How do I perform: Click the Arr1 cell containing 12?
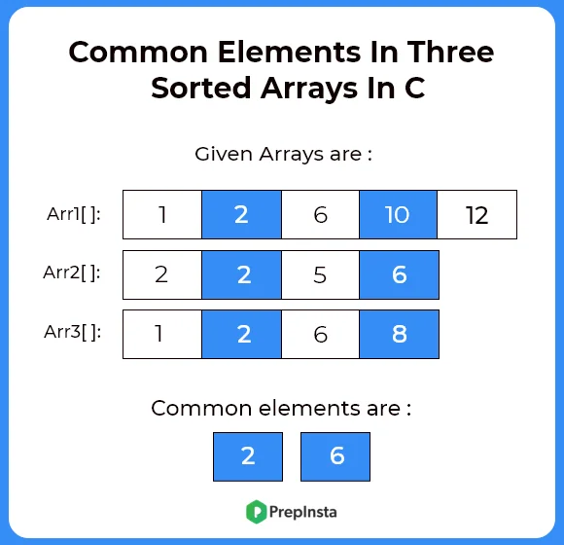pyautogui.click(x=476, y=214)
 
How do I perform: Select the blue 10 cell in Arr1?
pyautogui.click(x=398, y=214)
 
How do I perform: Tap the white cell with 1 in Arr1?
pyautogui.click(x=162, y=214)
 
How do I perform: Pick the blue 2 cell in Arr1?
pyautogui.click(x=241, y=214)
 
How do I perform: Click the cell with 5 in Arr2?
pyautogui.click(x=320, y=274)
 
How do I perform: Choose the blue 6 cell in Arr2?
pyautogui.click(x=399, y=274)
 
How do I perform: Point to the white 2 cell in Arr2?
pyautogui.click(x=162, y=274)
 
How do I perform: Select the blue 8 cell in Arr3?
pyautogui.click(x=399, y=334)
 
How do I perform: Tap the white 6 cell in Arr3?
pyautogui.click(x=320, y=334)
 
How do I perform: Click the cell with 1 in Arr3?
pyautogui.click(x=162, y=334)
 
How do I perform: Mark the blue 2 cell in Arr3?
pyautogui.click(x=241, y=334)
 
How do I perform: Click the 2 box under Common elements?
pyautogui.click(x=248, y=456)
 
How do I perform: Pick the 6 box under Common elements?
pyautogui.click(x=335, y=456)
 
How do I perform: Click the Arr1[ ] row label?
pyautogui.click(x=74, y=213)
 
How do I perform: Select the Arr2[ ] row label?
pyautogui.click(x=74, y=272)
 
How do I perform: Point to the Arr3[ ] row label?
pyautogui.click(x=74, y=332)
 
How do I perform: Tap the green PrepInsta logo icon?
pyautogui.click(x=256, y=510)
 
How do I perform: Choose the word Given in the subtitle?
pyautogui.click(x=223, y=153)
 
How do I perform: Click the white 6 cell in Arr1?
pyautogui.click(x=320, y=214)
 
